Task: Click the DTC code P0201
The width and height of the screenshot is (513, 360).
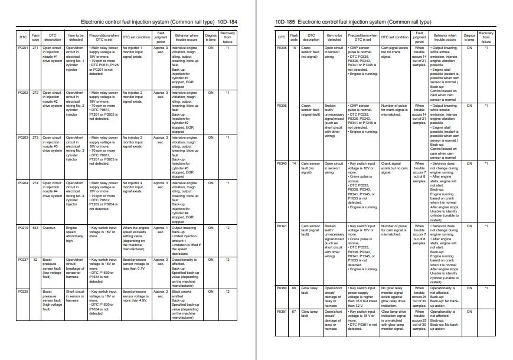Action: (24, 47)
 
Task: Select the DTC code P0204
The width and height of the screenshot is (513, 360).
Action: (24, 183)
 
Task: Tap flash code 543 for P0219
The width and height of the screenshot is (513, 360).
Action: (35, 228)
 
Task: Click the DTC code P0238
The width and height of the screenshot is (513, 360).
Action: (24, 292)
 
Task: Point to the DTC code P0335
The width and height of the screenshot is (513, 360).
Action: (282, 47)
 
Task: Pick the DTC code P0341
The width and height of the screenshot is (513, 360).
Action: (282, 225)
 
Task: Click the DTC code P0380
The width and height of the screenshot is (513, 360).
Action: (282, 288)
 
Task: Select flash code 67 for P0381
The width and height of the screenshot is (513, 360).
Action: (294, 311)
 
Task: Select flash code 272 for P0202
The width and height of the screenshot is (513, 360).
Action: (35, 93)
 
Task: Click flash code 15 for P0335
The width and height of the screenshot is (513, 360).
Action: (294, 47)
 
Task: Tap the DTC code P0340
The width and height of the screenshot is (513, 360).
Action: (282, 163)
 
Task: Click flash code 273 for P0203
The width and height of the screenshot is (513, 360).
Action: (35, 138)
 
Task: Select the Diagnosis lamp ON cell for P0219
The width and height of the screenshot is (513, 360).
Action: (211, 228)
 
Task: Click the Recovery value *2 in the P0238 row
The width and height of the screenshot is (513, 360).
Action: (228, 292)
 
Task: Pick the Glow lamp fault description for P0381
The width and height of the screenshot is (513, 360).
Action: (309, 313)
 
